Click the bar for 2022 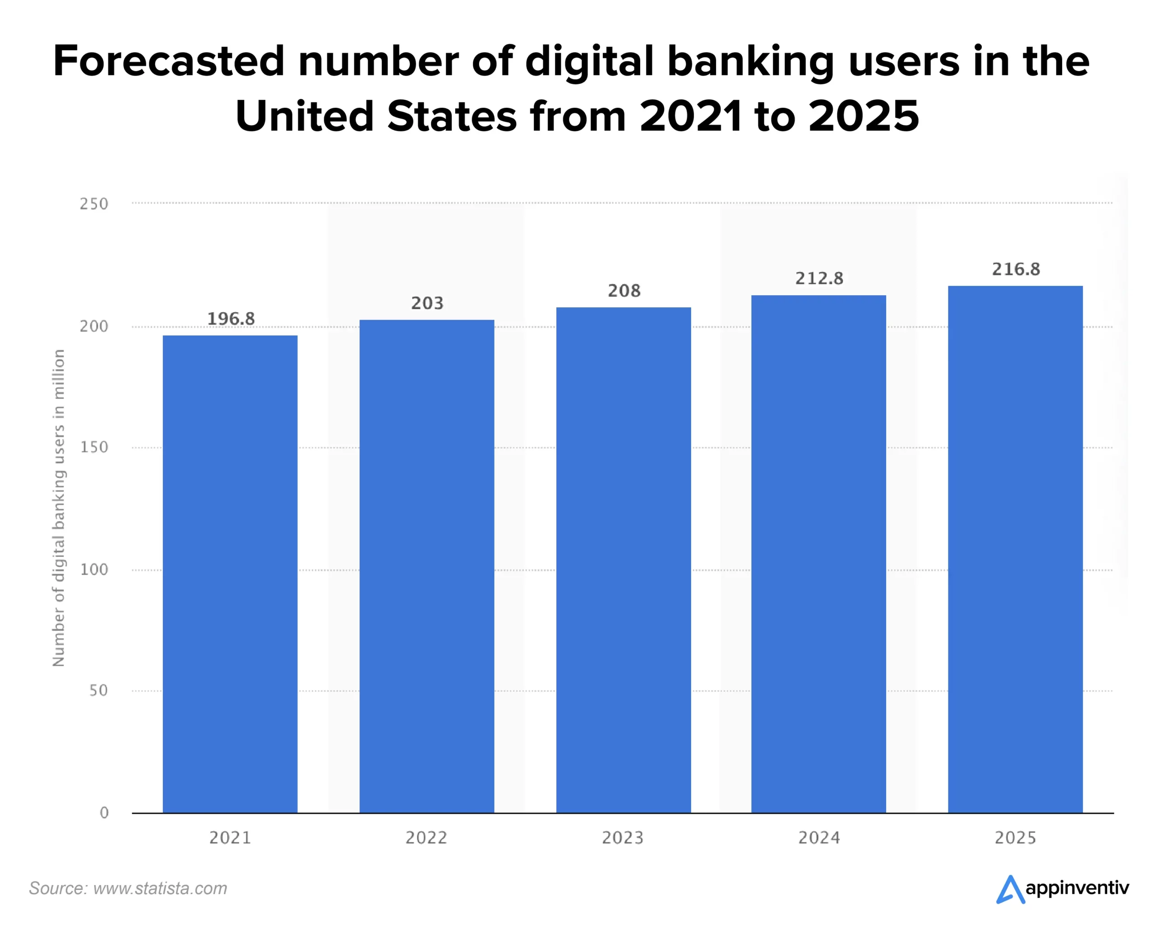[426, 566]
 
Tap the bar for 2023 [623, 560]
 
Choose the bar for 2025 [1015, 549]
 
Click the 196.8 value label [231, 319]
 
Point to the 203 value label [427, 303]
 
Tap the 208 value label [624, 291]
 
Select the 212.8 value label [818, 278]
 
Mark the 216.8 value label [1016, 269]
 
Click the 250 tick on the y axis [94, 204]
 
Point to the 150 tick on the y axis [94, 447]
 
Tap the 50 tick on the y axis [98, 691]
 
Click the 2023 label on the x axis [623, 838]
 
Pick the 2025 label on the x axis [1015, 838]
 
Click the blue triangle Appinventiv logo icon [1010, 890]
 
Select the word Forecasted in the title [168, 61]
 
